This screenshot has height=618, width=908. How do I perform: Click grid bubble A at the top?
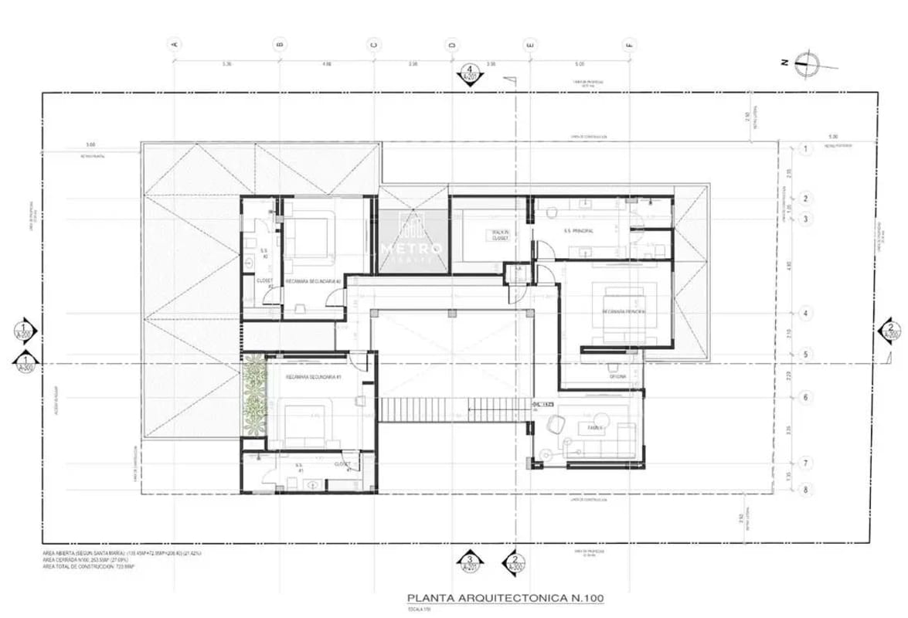pos(175,44)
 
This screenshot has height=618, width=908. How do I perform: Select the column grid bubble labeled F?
pos(629,44)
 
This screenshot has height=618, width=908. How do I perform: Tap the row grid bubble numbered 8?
pos(805,489)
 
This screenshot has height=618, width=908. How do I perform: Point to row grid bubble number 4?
pos(805,314)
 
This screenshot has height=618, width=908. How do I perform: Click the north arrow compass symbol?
pos(808,63)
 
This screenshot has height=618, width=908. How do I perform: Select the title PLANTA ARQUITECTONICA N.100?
pos(505,598)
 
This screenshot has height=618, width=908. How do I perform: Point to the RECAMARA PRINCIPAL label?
pos(623,311)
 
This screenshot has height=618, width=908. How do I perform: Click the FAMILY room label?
pos(596,426)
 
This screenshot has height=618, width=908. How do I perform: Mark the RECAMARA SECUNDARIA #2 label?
pos(313,281)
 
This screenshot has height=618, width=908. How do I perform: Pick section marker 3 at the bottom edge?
pos(468,562)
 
